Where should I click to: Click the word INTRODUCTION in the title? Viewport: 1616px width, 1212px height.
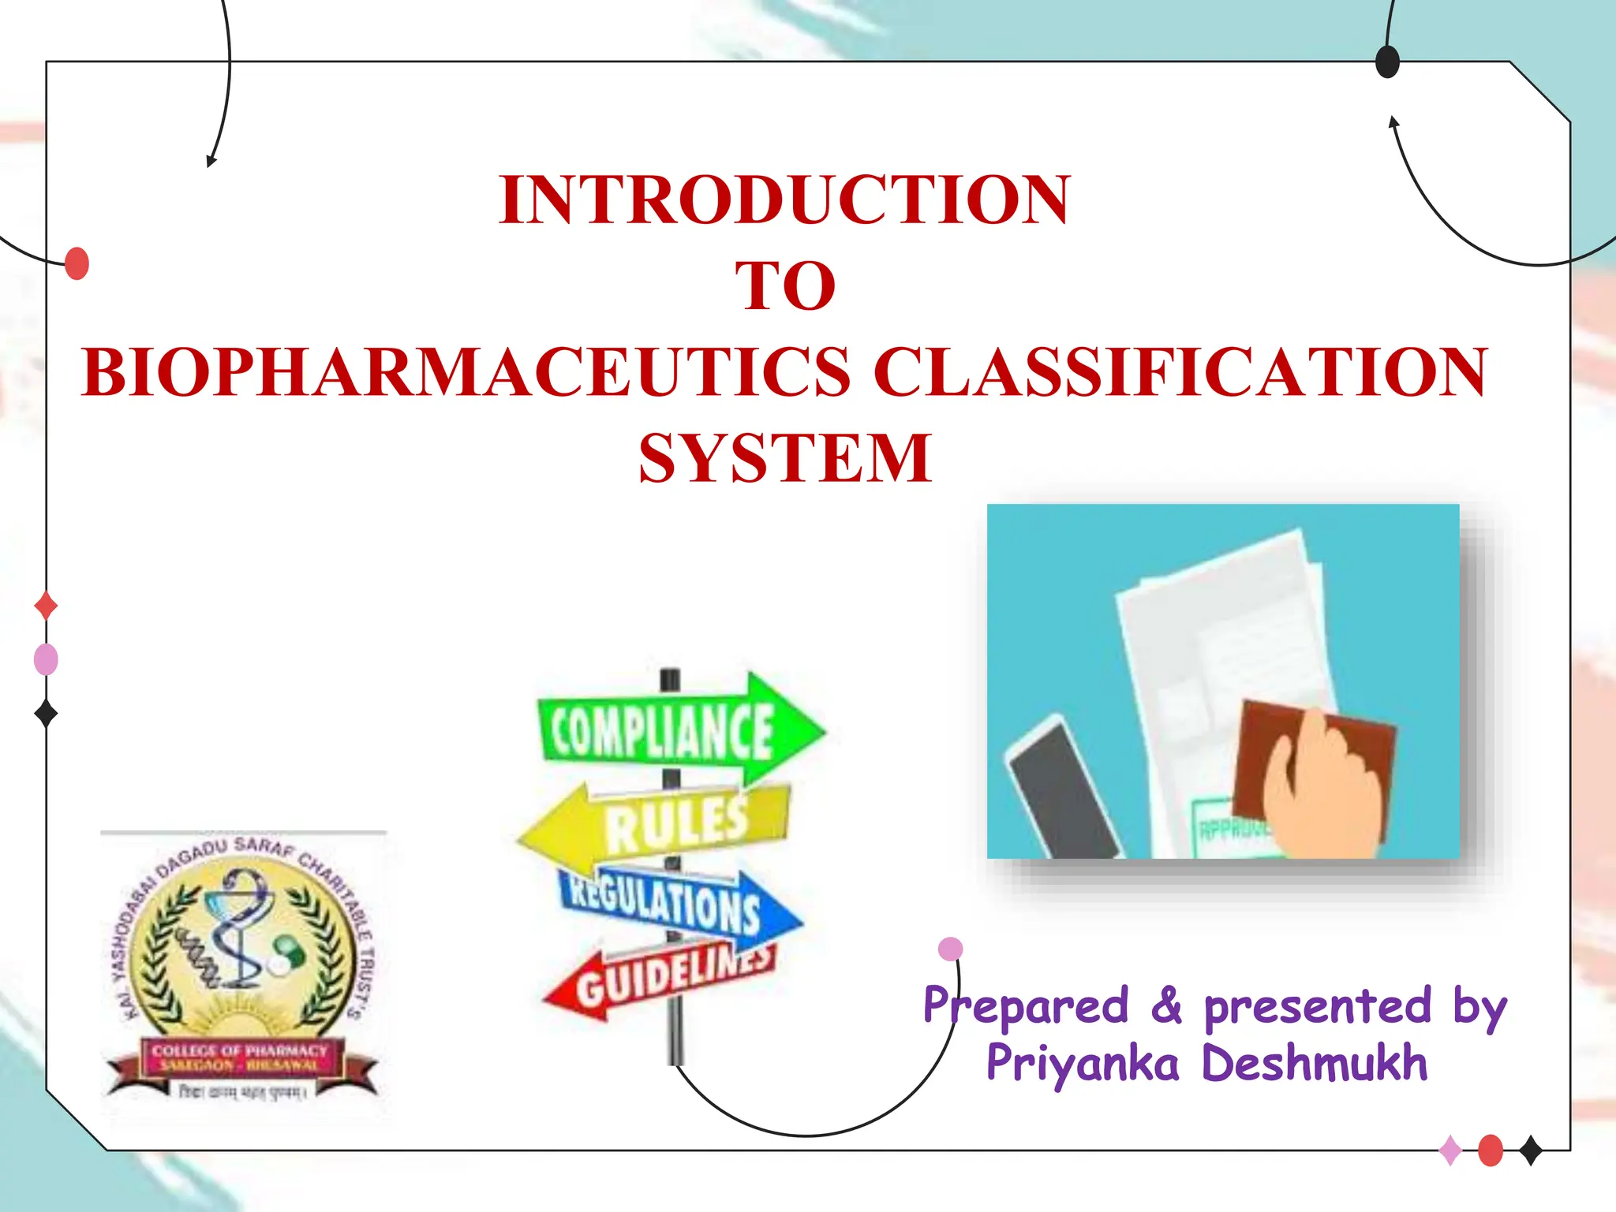(784, 200)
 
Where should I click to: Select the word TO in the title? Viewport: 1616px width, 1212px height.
(784, 286)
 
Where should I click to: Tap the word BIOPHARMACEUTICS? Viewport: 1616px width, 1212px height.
(466, 372)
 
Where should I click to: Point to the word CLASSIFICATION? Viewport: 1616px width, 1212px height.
(1180, 372)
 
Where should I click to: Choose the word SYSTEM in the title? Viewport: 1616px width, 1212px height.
(784, 458)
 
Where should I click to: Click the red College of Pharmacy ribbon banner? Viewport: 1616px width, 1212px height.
(241, 1057)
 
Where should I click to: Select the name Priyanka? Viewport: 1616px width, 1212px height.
(1083, 1064)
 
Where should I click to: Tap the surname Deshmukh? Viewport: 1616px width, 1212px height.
(1315, 1064)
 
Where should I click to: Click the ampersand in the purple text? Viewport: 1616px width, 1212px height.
(1166, 1007)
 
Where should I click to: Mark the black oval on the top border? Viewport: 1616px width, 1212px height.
(1387, 62)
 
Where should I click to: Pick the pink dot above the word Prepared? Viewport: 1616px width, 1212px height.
(951, 949)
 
